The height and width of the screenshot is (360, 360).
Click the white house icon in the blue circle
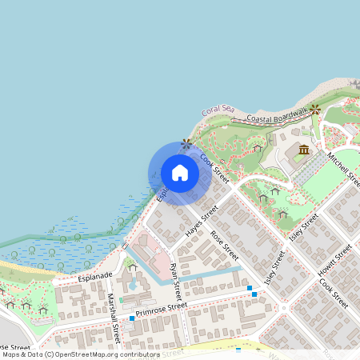click(x=180, y=173)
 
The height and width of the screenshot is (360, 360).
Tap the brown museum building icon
click(x=304, y=150)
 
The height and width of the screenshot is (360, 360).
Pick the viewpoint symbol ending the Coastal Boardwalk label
click(x=315, y=108)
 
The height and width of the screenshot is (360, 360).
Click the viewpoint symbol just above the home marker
click(x=186, y=143)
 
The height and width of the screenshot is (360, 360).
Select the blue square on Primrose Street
click(x=132, y=318)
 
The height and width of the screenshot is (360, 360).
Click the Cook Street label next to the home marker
click(x=214, y=168)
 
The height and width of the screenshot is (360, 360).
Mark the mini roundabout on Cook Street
click(x=283, y=306)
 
